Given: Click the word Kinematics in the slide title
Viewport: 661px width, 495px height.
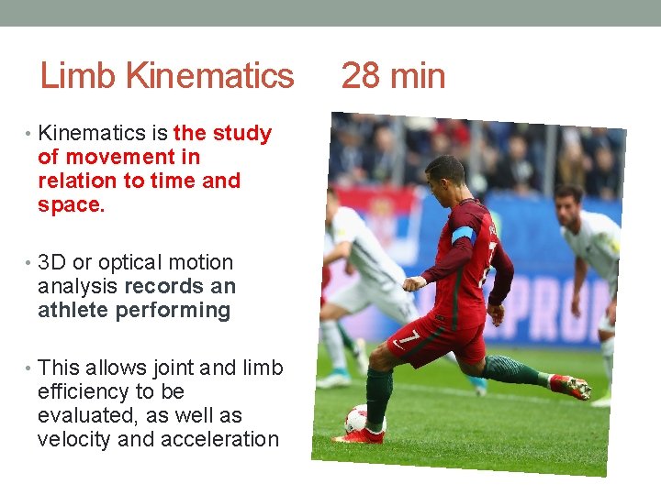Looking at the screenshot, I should [x=209, y=76].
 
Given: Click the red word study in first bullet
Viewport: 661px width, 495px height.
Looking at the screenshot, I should [x=241, y=134].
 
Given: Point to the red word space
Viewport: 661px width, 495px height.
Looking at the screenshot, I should [x=71, y=205].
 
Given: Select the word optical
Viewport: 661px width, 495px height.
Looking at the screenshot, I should [x=136, y=263].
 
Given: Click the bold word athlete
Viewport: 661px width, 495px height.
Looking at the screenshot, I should [x=73, y=311].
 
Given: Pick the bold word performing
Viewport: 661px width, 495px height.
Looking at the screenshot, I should [x=174, y=311].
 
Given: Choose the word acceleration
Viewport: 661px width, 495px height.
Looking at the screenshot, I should [x=219, y=440].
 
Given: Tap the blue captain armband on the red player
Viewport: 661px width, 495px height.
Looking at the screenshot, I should [x=463, y=234].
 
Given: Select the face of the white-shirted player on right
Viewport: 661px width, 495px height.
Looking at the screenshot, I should [x=568, y=203].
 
